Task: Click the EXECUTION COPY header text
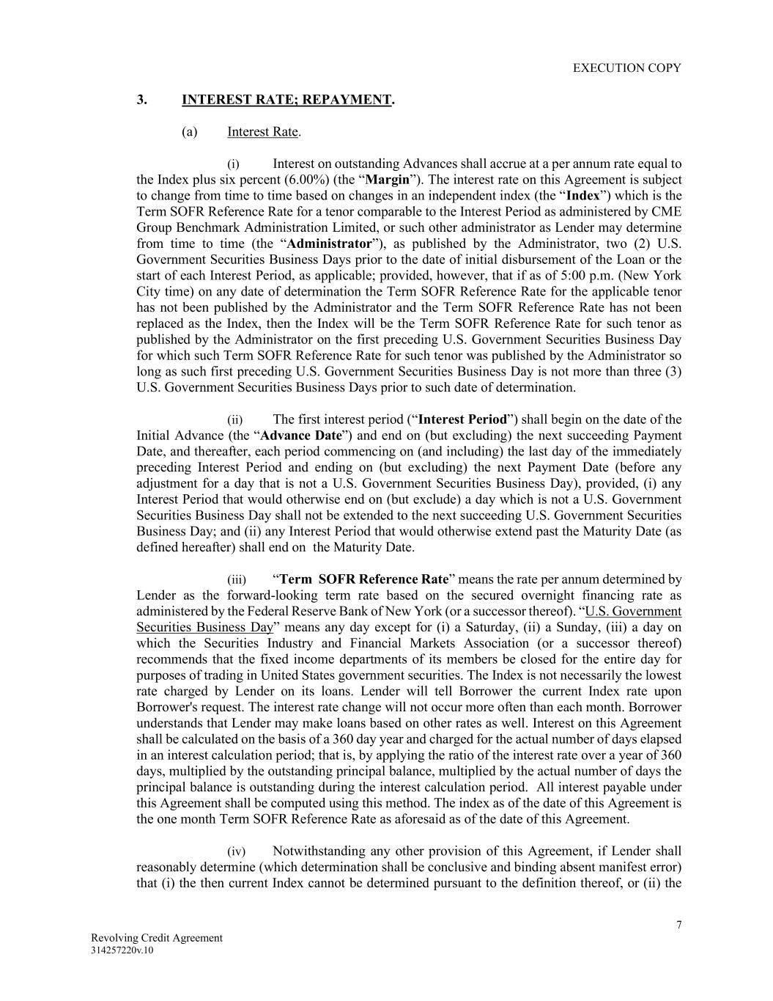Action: tap(626, 68)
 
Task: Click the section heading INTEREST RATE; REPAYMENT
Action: tap(286, 100)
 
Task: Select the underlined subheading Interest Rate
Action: tap(262, 132)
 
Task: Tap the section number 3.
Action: tap(142, 100)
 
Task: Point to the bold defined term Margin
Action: tap(387, 180)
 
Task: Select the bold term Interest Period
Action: tap(462, 419)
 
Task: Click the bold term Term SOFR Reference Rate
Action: tap(364, 579)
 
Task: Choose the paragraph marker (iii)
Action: tap(237, 580)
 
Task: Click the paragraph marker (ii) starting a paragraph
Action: tap(235, 420)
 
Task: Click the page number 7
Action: tap(678, 925)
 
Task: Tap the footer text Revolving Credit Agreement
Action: tap(157, 938)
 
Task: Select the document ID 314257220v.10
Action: tap(122, 950)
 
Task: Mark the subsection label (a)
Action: tap(190, 132)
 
